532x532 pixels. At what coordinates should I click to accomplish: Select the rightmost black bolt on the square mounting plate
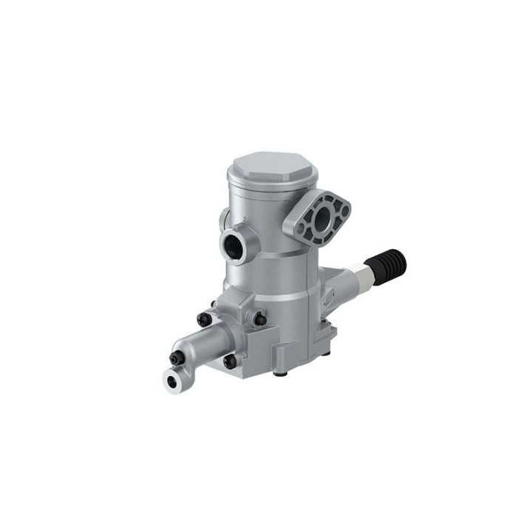click(x=260, y=318)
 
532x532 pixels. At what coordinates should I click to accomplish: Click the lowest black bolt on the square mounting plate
click(x=229, y=361)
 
